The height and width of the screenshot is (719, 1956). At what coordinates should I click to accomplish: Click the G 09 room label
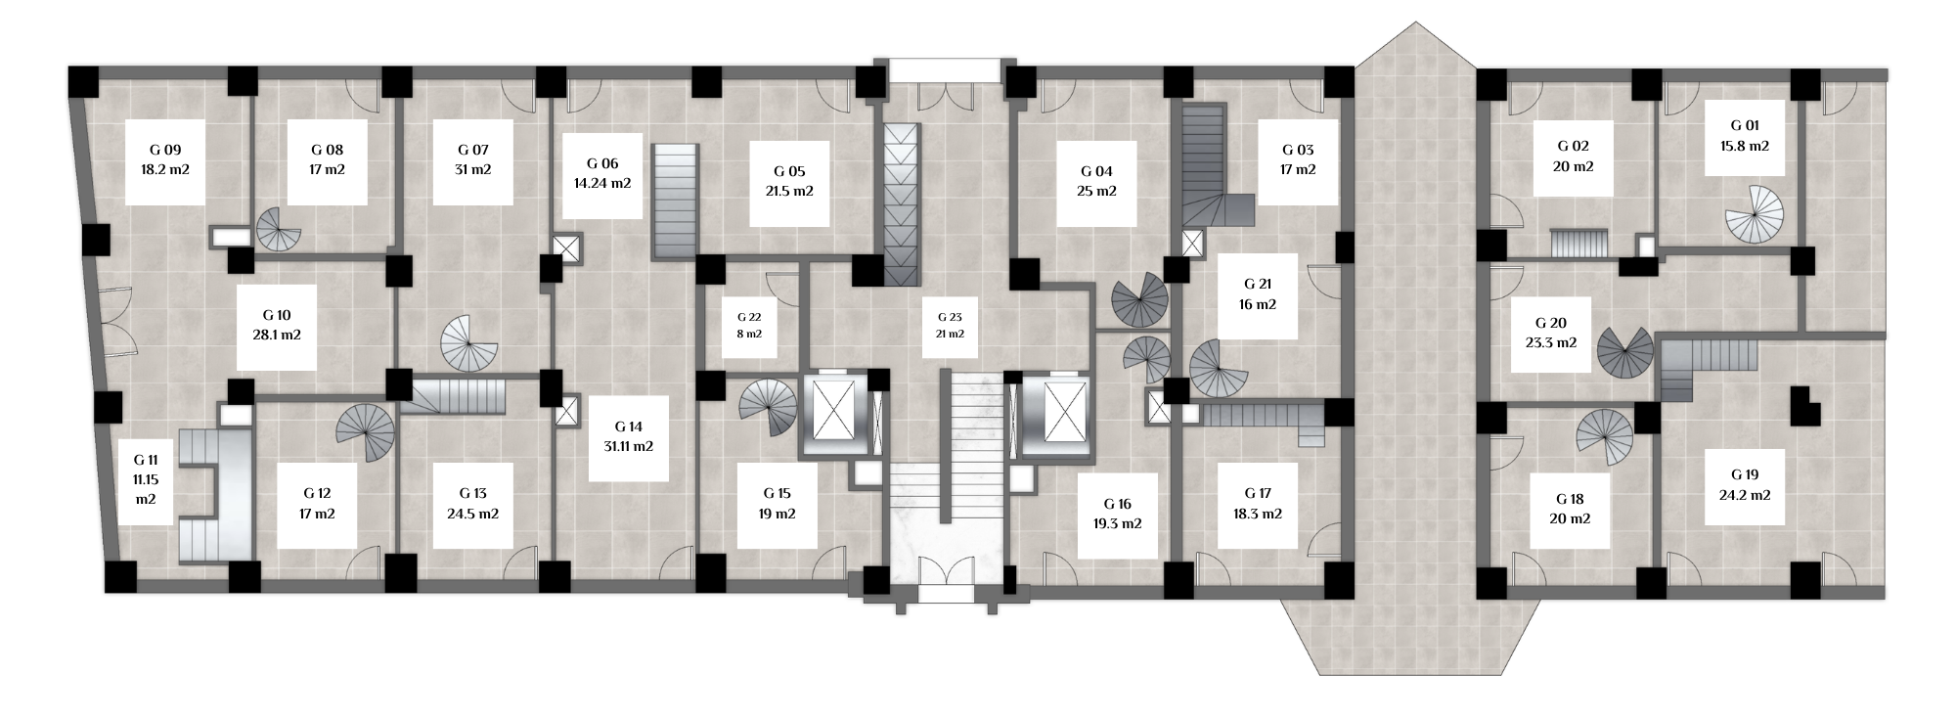(165, 160)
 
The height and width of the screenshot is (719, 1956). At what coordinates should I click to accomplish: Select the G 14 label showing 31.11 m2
(629, 436)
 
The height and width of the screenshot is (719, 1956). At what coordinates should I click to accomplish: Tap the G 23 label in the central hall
(950, 326)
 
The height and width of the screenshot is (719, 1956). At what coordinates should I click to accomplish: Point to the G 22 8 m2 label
(749, 326)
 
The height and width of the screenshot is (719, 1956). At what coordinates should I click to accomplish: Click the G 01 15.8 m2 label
(1744, 136)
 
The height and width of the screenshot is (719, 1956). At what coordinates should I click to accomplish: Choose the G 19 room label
(1744, 485)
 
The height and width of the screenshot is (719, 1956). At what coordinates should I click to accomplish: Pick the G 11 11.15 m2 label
(146, 479)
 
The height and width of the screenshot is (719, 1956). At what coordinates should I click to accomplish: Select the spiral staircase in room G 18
(1605, 437)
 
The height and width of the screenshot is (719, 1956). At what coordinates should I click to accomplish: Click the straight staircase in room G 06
(675, 202)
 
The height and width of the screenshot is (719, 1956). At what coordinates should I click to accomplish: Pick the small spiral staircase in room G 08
(279, 231)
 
